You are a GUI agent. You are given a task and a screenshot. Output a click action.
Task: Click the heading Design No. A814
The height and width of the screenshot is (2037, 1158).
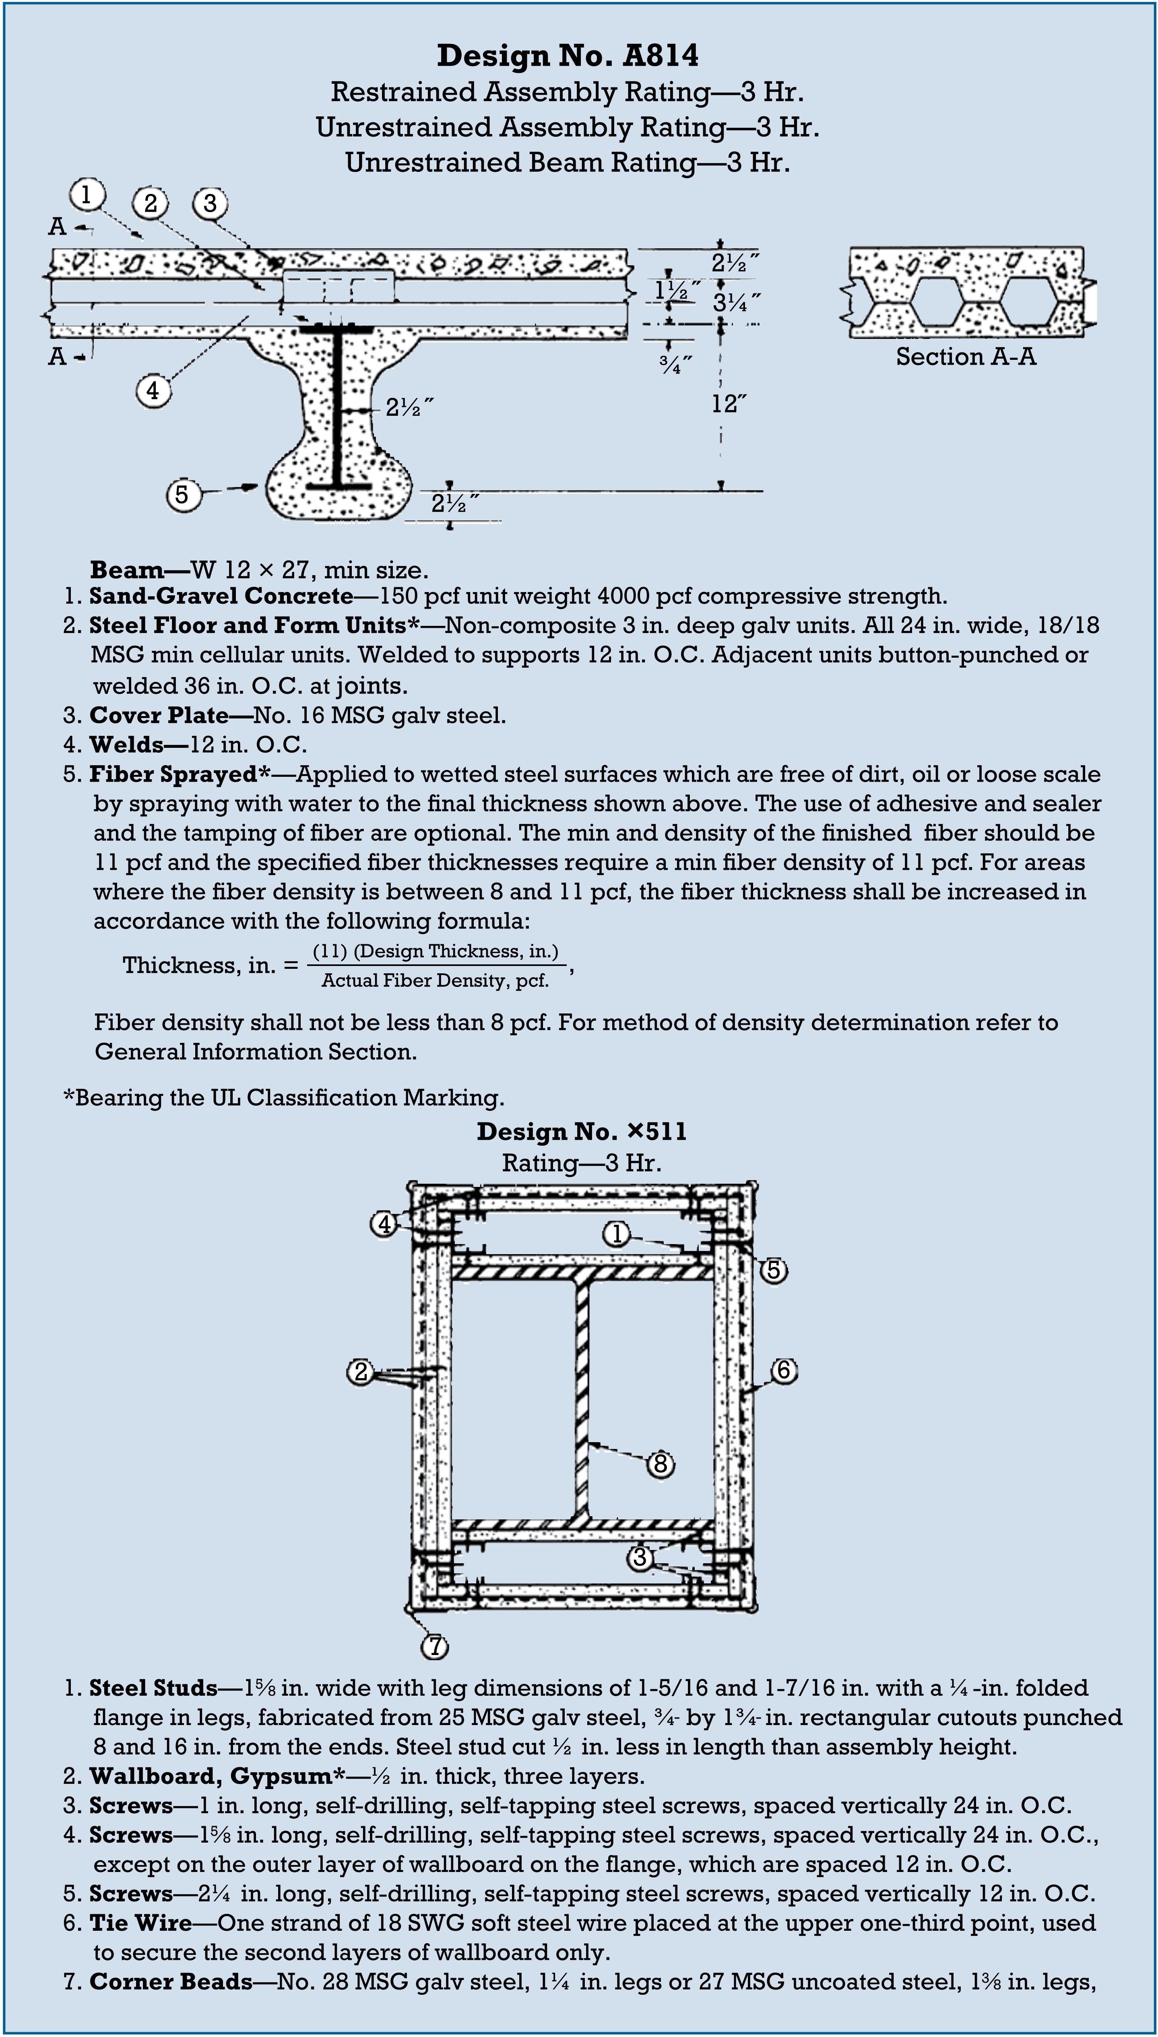(x=568, y=56)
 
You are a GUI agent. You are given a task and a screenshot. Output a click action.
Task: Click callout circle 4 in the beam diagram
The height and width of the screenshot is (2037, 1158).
(x=153, y=390)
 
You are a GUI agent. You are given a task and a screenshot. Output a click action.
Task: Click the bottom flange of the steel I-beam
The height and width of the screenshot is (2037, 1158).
(x=339, y=485)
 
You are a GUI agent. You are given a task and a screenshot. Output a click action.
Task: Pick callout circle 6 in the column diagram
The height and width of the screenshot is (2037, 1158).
(x=783, y=1371)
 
